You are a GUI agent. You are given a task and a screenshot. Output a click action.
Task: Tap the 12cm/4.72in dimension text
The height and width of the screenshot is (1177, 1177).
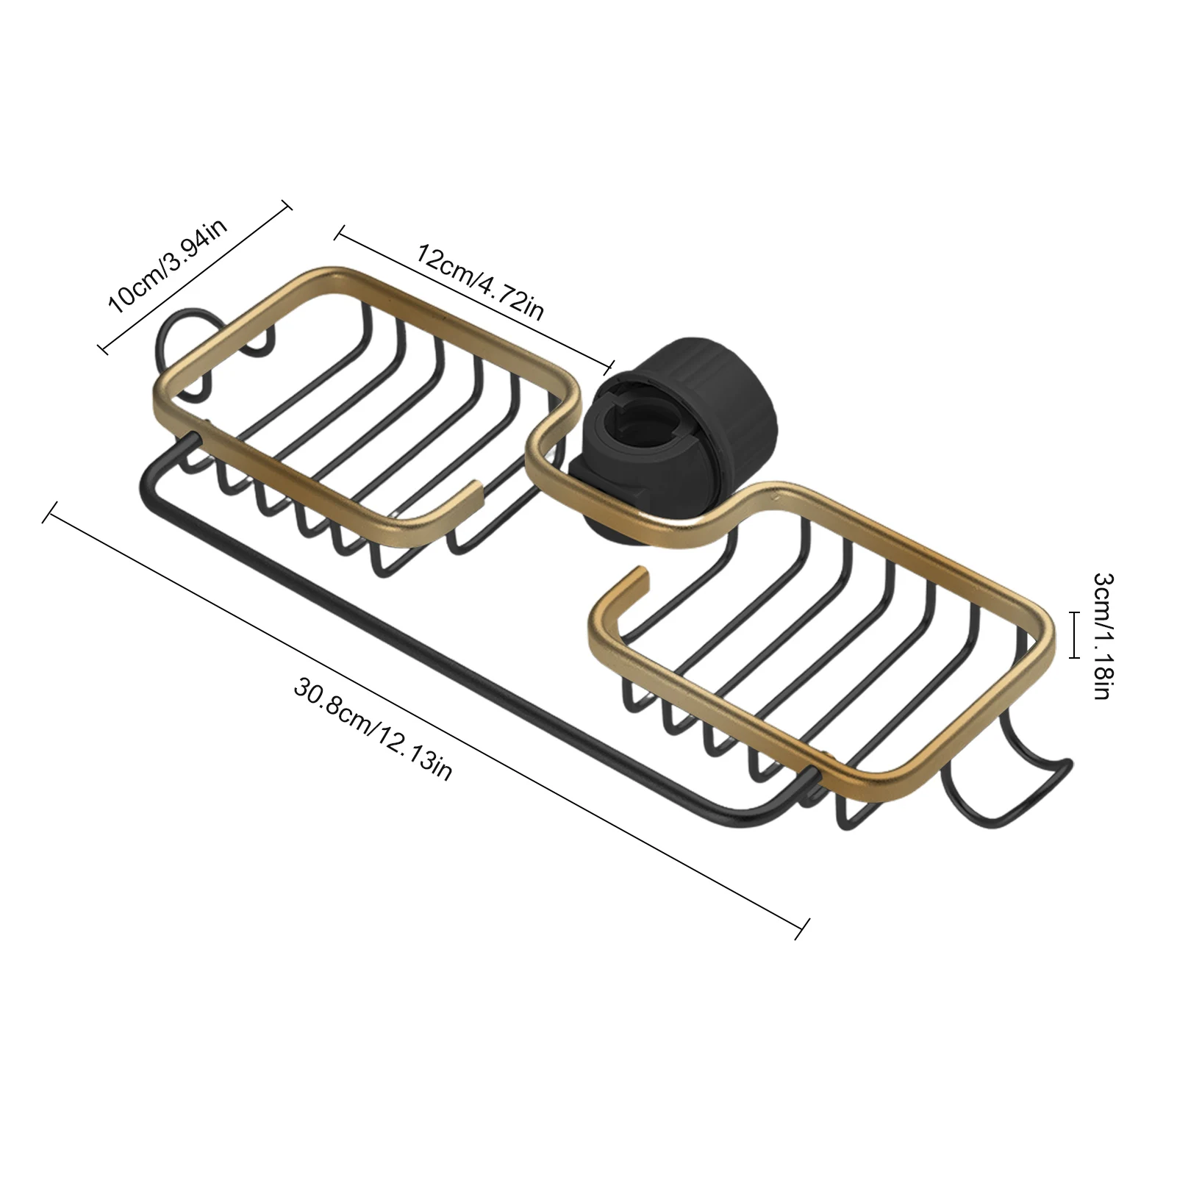481,283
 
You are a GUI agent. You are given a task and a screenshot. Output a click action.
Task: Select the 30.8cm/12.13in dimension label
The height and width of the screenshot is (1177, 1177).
373,729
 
